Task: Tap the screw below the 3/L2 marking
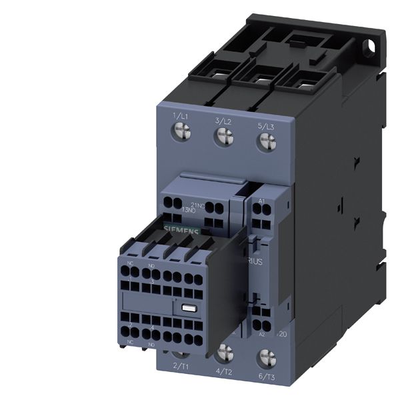coord(225,136)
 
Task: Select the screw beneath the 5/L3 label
coord(267,141)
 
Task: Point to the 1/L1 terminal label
coord(180,117)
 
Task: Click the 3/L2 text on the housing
coord(223,121)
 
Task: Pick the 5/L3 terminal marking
coord(265,126)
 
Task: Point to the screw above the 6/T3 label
coord(267,358)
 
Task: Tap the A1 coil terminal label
coord(262,200)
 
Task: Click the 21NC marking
coord(198,205)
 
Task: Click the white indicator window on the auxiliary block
coord(187,307)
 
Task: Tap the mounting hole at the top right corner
coord(371,47)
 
